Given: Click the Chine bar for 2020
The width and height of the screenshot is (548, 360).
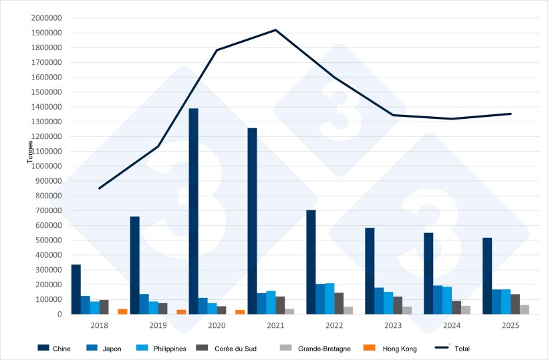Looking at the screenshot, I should pyautogui.click(x=193, y=211).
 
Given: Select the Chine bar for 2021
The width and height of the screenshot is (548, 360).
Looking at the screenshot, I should pyautogui.click(x=252, y=220).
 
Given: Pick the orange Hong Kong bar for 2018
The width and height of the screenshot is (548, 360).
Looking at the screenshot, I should pyautogui.click(x=122, y=311).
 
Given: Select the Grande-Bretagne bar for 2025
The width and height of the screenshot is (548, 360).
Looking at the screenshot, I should pyautogui.click(x=525, y=309).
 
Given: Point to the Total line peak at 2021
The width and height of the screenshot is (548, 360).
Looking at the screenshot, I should pyautogui.click(x=275, y=30).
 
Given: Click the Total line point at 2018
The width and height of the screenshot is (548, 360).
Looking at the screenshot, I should pyautogui.click(x=99, y=188).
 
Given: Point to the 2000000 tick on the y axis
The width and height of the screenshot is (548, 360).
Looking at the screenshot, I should pyautogui.click(x=47, y=18).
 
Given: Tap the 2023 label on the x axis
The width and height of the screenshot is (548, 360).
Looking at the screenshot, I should pyautogui.click(x=392, y=325).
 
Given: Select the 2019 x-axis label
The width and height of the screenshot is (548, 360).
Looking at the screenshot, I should pyautogui.click(x=158, y=325).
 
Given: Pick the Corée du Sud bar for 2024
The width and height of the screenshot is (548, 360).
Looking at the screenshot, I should pyautogui.click(x=456, y=307).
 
